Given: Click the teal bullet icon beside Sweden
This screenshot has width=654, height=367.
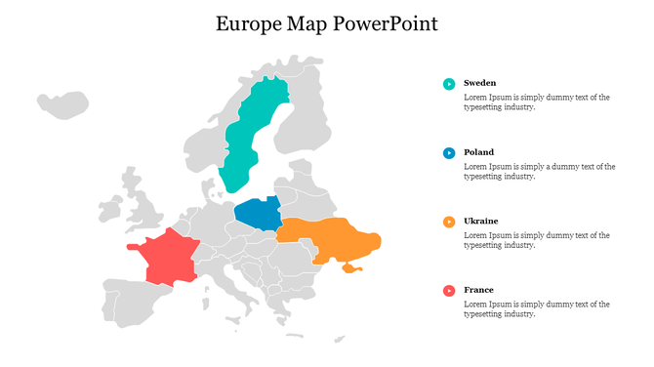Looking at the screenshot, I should click(449, 84).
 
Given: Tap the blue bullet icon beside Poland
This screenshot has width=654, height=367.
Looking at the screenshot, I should click(449, 153).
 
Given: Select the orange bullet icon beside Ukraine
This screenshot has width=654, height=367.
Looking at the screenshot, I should click(449, 222).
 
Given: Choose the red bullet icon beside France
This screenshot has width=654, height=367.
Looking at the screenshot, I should click(449, 290).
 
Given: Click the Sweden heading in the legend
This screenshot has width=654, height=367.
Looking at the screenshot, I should click(479, 83).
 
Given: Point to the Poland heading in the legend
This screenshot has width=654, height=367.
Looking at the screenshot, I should click(478, 152).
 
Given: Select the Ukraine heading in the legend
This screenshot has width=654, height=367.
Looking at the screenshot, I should click(480, 221).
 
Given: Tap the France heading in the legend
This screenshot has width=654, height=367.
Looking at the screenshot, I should click(478, 290).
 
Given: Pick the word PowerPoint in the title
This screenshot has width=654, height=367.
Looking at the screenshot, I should click(386, 23).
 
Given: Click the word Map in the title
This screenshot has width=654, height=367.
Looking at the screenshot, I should click(308, 23).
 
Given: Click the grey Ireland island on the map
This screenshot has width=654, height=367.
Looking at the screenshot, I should click(109, 209).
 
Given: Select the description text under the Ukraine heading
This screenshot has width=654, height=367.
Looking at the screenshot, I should click(536, 240).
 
